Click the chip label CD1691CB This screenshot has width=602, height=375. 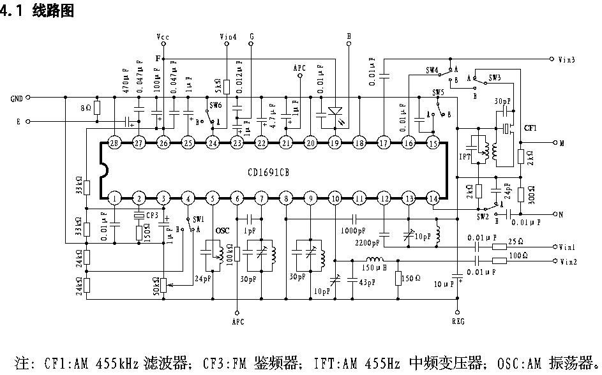269,172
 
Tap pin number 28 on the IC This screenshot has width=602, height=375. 114,143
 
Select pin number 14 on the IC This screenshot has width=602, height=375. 433,199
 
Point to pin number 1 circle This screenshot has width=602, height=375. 114,199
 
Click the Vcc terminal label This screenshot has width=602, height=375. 163,38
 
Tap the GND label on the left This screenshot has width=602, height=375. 17,98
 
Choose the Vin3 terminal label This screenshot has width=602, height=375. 567,59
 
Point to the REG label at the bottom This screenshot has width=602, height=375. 458,321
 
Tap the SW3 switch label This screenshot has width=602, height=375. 495,77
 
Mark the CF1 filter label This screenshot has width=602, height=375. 531,128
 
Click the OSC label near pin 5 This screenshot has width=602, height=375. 222,230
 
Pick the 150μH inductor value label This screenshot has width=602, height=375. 375,268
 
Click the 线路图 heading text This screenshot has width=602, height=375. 53,11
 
